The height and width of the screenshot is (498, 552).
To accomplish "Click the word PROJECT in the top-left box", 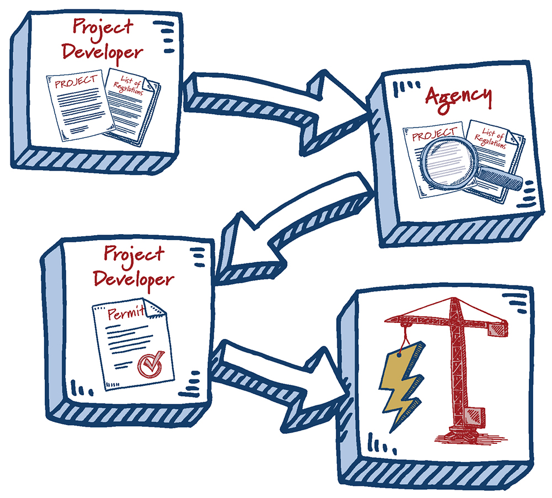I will coord(76,83).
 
